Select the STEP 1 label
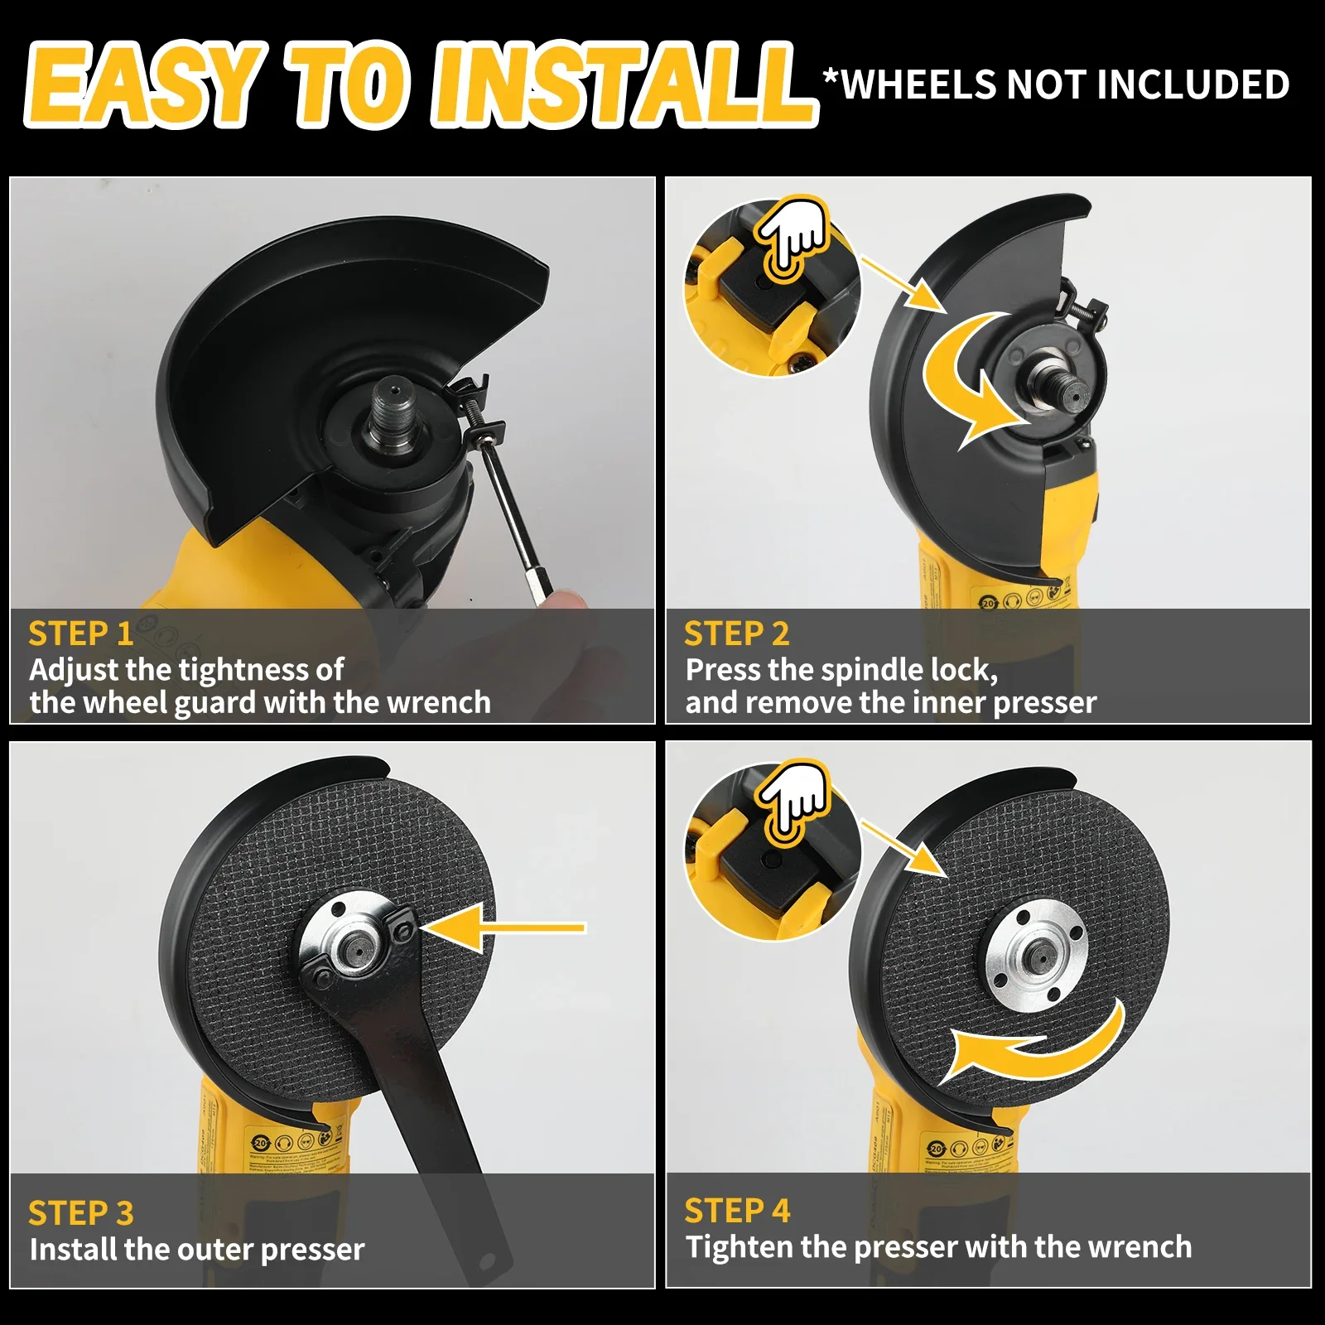pos(80,634)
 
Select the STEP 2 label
pos(736,634)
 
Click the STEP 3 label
pos(80,1213)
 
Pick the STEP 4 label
pos(736,1211)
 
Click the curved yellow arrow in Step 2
pos(969,381)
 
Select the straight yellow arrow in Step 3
pos(505,927)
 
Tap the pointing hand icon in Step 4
pos(793,799)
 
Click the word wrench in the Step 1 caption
pos(439,703)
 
